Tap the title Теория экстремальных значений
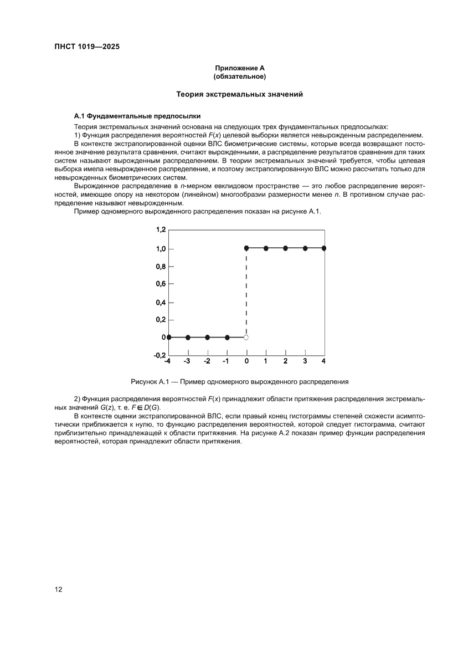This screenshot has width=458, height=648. (x=239, y=95)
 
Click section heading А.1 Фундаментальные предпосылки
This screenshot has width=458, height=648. (x=137, y=116)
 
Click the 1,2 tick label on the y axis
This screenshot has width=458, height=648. (x=159, y=229)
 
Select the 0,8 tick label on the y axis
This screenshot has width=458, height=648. (x=159, y=267)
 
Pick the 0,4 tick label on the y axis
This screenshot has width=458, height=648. (x=159, y=303)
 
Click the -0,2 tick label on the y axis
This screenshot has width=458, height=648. (x=159, y=355)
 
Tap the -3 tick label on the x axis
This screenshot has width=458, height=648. (x=187, y=361)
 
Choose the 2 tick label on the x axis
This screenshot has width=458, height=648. (x=285, y=361)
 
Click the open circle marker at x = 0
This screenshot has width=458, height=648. (x=246, y=337)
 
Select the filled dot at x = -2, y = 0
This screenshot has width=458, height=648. (x=207, y=337)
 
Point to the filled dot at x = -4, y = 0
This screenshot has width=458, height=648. (x=169, y=337)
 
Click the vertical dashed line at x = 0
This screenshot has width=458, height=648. (x=246, y=294)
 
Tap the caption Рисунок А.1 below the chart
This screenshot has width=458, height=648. (x=239, y=381)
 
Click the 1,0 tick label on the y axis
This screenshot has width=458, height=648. (x=159, y=249)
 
